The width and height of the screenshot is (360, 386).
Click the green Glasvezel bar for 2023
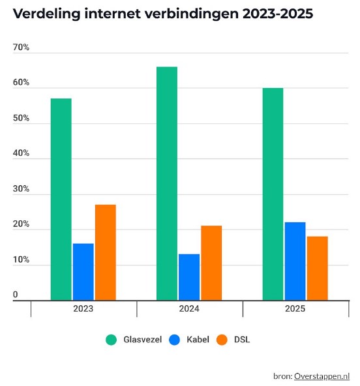pos(61,199)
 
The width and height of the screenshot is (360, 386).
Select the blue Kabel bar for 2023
pos(83,271)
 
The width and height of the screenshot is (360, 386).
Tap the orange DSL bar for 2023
pos(105,252)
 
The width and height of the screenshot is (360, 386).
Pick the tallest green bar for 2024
pos(166,183)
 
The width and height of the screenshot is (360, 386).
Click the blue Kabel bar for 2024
pos(188,276)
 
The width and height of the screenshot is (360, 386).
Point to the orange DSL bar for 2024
pos(211,263)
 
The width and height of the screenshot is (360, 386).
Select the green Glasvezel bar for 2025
pos(273,194)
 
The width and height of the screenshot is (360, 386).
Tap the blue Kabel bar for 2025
pos(295,261)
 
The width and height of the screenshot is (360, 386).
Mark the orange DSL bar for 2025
pos(317,268)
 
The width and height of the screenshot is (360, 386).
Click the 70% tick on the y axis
pos(21,48)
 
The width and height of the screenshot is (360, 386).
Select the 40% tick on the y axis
pos(21,154)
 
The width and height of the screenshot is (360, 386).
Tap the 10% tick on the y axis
pos(21,260)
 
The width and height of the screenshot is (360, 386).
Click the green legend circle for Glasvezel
pos(111,340)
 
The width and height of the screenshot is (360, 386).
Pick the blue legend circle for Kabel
pos(174,340)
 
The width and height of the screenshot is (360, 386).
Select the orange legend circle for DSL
pos(222,340)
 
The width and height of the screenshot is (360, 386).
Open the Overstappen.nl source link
pos(322,376)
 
